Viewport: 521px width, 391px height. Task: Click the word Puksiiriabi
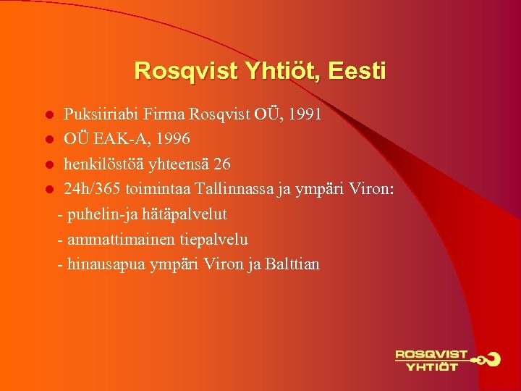point(101,114)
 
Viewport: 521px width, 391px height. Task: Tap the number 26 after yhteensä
point(221,164)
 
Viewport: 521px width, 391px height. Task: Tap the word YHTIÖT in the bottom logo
point(432,366)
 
